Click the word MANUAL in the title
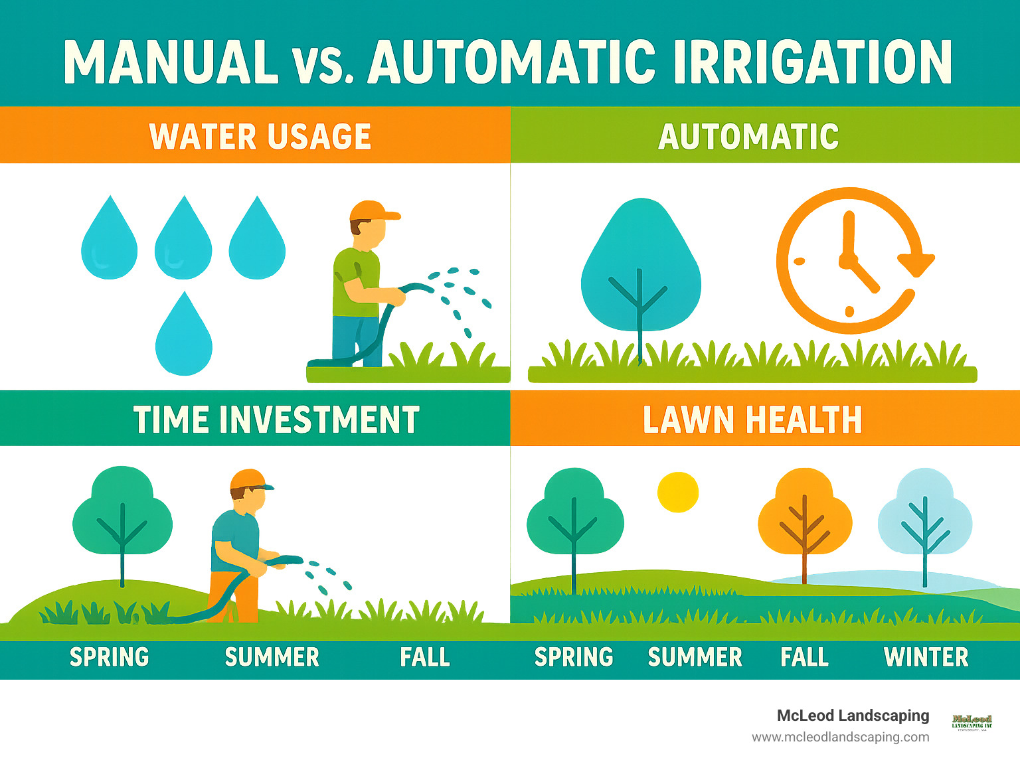tap(171, 62)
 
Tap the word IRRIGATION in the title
tap(812, 62)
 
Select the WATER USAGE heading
tap(260, 137)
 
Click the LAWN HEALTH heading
tap(752, 420)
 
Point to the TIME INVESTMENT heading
tap(276, 420)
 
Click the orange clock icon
tap(850, 261)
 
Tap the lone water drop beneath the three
tap(184, 338)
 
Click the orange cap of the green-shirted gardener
tap(372, 211)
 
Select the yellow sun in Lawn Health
tap(677, 493)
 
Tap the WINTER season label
tap(926, 657)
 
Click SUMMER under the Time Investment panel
tap(272, 657)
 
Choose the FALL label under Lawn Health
tap(804, 657)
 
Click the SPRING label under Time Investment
tap(110, 657)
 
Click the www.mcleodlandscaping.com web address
tap(840, 737)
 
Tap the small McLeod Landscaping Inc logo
tap(972, 722)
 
